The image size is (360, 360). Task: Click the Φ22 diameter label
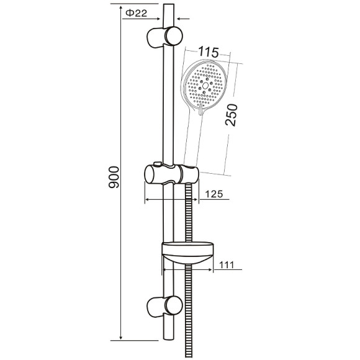[x=137, y=13]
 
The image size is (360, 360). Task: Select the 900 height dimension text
[x=114, y=177]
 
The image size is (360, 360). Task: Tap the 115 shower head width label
[x=208, y=52]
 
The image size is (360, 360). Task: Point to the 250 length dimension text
[x=231, y=115]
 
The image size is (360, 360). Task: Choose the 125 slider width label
[x=214, y=194]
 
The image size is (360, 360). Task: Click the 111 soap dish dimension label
[x=227, y=265]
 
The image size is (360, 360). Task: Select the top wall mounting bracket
[x=164, y=37]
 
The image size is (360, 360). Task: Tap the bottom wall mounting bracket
[x=164, y=306]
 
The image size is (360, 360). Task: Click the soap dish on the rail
[x=188, y=253]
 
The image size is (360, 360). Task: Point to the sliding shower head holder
[x=171, y=174]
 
